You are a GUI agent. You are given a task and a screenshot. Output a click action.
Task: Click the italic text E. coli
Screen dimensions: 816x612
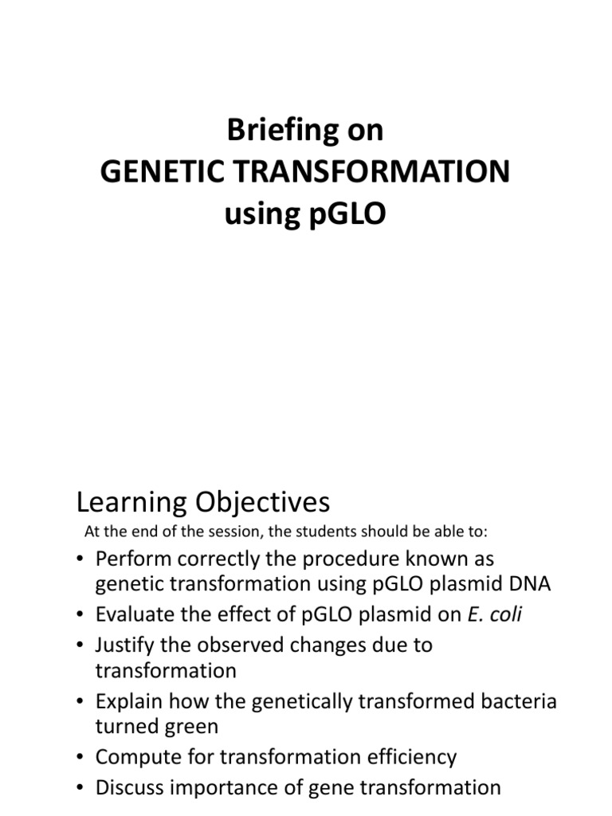coord(500,614)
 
